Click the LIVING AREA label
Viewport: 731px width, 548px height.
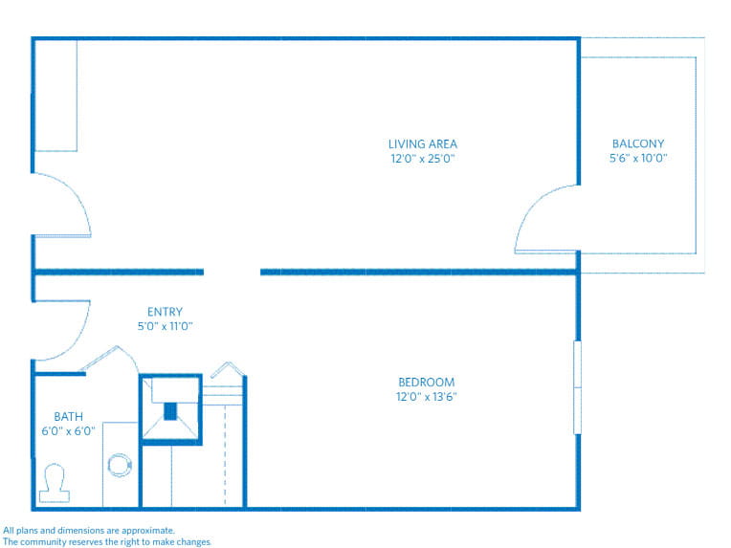point(422,144)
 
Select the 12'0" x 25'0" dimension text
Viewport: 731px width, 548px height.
point(422,159)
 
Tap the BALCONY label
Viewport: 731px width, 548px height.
point(637,144)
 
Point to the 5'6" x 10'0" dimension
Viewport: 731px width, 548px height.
point(637,159)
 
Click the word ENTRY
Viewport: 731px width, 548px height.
point(165,312)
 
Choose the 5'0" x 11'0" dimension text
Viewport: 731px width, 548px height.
point(165,326)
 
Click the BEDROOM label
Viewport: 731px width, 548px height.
point(426,383)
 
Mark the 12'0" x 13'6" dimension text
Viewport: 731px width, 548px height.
point(426,397)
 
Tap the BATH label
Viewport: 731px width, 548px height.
point(68,416)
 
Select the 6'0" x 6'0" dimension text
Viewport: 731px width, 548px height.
point(68,430)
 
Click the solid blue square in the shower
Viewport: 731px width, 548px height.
point(171,411)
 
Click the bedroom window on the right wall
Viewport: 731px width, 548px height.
point(577,387)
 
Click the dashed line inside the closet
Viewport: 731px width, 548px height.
point(225,454)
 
